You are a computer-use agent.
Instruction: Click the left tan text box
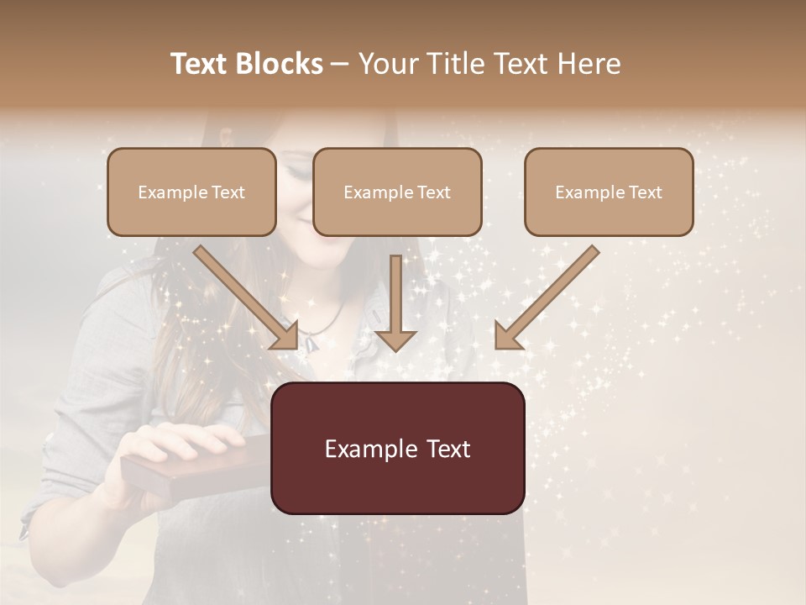click(x=191, y=192)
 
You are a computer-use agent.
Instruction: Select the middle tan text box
click(x=397, y=192)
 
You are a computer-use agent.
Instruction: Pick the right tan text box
click(x=609, y=192)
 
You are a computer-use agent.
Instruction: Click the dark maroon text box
click(x=397, y=448)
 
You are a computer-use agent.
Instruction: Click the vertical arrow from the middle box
click(x=395, y=302)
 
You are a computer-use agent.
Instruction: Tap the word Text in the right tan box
click(x=645, y=192)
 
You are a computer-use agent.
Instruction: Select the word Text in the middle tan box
click(x=433, y=192)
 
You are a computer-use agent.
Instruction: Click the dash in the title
click(x=340, y=64)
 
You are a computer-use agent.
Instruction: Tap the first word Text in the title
click(x=201, y=64)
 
